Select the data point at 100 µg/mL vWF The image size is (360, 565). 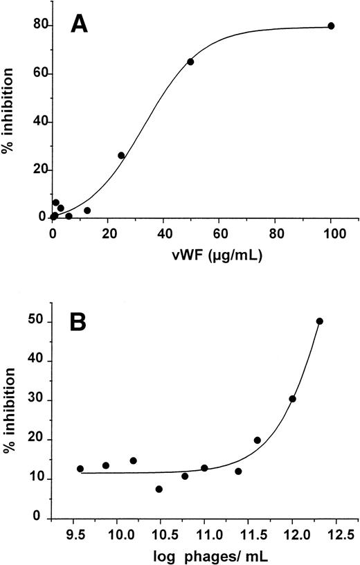click(x=331, y=26)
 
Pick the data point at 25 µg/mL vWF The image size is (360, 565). click(x=121, y=155)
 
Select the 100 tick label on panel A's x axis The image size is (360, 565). click(x=331, y=233)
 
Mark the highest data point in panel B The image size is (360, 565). click(x=319, y=321)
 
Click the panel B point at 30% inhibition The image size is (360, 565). click(x=292, y=399)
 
